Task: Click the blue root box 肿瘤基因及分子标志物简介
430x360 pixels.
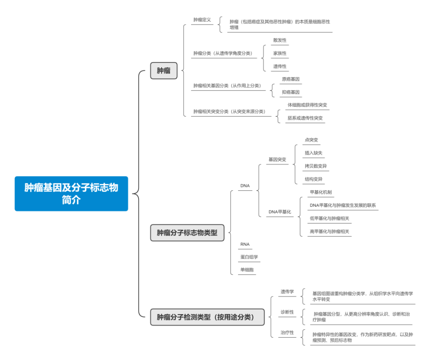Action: [x=71, y=194]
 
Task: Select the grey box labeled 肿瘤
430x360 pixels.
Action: [x=164, y=71]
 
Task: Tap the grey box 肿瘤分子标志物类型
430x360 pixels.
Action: [x=187, y=233]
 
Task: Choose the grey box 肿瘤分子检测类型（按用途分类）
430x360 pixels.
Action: [x=207, y=317]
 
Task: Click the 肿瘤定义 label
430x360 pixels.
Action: [x=202, y=20]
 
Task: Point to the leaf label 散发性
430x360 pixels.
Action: [x=280, y=40]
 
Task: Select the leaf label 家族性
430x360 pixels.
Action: [x=280, y=53]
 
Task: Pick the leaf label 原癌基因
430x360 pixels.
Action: [x=291, y=79]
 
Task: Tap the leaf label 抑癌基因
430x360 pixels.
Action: [x=291, y=92]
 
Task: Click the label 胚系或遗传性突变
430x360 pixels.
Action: [x=305, y=118]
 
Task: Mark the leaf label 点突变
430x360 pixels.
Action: [x=312, y=140]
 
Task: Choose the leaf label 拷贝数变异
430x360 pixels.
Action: [x=316, y=166]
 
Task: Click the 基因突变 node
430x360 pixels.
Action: [x=277, y=160]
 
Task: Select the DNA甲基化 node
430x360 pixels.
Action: [x=280, y=212]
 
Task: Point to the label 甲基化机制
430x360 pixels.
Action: [x=321, y=192]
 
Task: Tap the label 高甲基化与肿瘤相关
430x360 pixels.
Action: [x=329, y=231]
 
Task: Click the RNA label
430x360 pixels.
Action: [x=245, y=244]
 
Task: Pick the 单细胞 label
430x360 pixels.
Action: [x=247, y=270]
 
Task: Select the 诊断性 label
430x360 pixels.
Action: [x=287, y=312]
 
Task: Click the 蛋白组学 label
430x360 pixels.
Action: [x=249, y=257]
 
